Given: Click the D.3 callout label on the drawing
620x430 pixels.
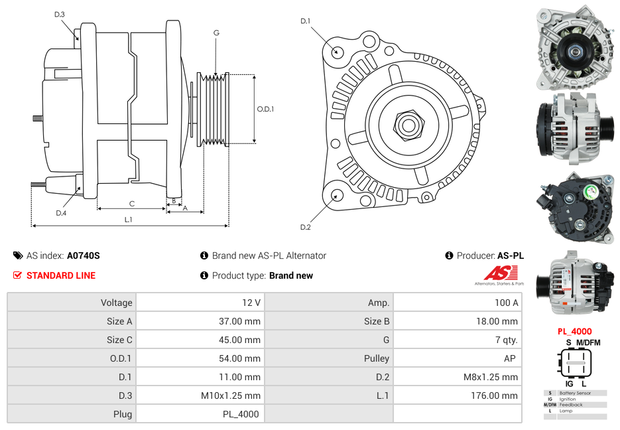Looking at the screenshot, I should coord(60,14).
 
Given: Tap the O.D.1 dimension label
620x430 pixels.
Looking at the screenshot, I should coord(265,109).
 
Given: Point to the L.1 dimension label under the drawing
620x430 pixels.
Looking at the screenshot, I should coord(129,219).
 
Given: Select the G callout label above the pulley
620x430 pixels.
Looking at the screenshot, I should coord(216,33).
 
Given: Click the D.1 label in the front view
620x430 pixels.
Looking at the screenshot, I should coord(305,21).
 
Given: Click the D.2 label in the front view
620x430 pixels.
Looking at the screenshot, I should coord(305,228).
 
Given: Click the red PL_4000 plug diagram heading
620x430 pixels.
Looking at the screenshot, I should coord(574,331).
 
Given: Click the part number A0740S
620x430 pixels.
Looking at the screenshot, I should coord(83,255).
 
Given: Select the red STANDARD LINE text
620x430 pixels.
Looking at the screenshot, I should coord(61,275).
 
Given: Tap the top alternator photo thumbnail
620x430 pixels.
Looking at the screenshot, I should coord(576,48).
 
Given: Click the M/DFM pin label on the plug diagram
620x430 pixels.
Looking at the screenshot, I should coord(588,342).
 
